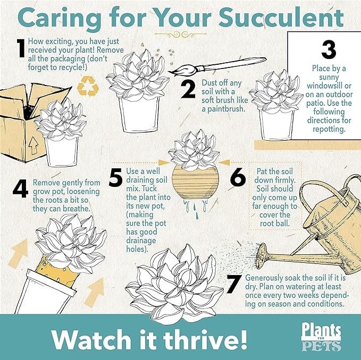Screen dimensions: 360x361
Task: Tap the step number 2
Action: [x=188, y=90]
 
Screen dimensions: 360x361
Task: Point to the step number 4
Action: [x=20, y=188]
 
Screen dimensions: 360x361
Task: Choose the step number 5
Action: [x=115, y=178]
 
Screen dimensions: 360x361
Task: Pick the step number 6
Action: [x=238, y=178]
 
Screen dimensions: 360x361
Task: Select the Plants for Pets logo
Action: [x=321, y=337]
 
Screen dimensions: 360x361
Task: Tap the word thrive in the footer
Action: [x=209, y=337]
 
